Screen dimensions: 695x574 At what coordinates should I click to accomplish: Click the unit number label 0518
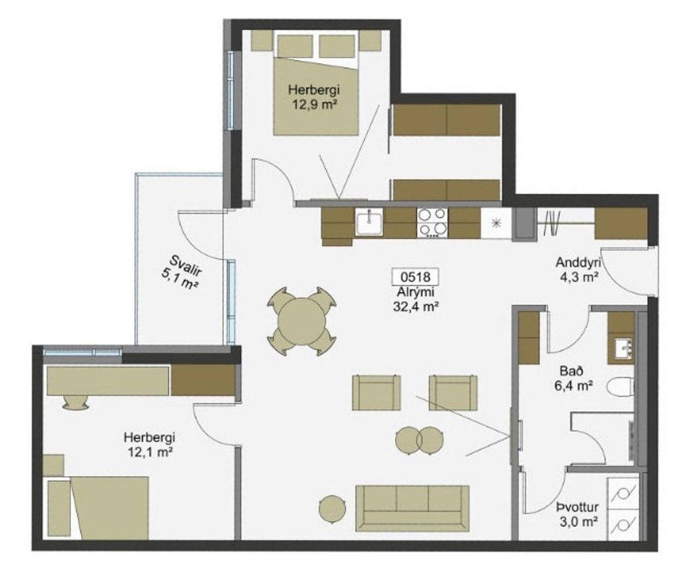pyautogui.click(x=415, y=277)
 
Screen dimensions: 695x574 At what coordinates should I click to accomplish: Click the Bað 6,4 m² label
pyautogui.click(x=573, y=377)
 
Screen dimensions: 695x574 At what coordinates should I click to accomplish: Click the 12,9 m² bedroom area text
pyautogui.click(x=314, y=105)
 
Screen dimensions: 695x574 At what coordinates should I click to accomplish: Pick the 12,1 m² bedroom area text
pyautogui.click(x=150, y=452)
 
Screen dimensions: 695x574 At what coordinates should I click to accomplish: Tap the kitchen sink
pyautogui.click(x=369, y=222)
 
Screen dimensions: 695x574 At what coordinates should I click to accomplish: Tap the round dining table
pyautogui.click(x=301, y=321)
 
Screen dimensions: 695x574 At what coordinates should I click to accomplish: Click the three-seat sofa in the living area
pyautogui.click(x=412, y=508)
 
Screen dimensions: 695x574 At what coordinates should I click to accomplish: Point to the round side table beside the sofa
pyautogui.click(x=333, y=508)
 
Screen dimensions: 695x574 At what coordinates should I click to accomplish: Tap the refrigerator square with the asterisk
pyautogui.click(x=496, y=224)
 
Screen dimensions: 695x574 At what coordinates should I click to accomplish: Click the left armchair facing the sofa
pyautogui.click(x=376, y=393)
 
